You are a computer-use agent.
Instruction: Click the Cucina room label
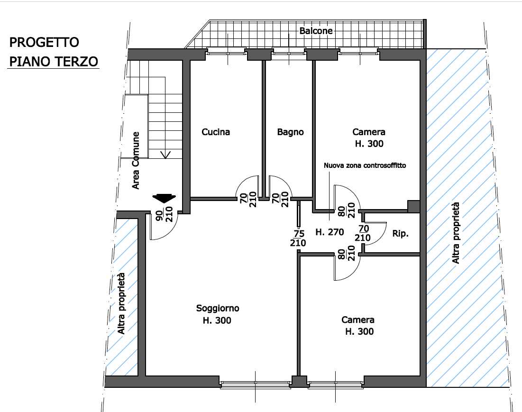pyautogui.click(x=216, y=132)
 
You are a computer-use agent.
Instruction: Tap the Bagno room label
pyautogui.click(x=290, y=132)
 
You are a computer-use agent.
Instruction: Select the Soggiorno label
pyautogui.click(x=218, y=308)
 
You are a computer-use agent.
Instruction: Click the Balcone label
pyautogui.click(x=316, y=31)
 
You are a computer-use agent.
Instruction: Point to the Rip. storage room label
pyautogui.click(x=400, y=234)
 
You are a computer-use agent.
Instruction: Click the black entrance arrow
pyautogui.click(x=164, y=198)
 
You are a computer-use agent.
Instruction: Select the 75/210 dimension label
pyautogui.click(x=298, y=238)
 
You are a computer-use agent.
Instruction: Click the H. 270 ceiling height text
pyautogui.click(x=330, y=232)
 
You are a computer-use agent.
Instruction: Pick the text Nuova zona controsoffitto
pyautogui.click(x=365, y=165)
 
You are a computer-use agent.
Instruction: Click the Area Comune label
pyautogui.click(x=136, y=161)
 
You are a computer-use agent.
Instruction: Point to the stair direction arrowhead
pyautogui.click(x=165, y=155)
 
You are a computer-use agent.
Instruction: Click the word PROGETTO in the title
pyautogui.click(x=44, y=43)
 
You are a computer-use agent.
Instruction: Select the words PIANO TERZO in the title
pyautogui.click(x=54, y=62)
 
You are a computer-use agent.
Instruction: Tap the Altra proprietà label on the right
pyautogui.click(x=456, y=233)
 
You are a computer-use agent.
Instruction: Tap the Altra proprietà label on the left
pyautogui.click(x=121, y=303)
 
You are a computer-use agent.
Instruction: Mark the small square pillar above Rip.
pyautogui.click(x=414, y=206)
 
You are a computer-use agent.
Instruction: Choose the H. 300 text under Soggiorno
pyautogui.click(x=217, y=320)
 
